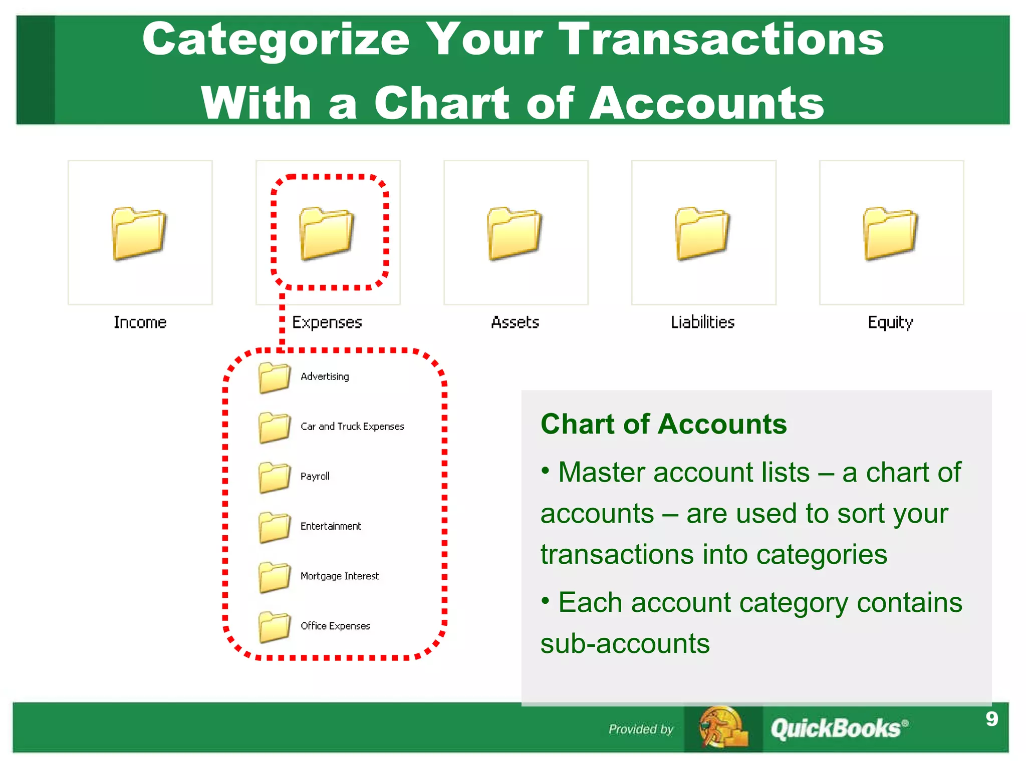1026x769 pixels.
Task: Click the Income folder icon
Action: point(139,233)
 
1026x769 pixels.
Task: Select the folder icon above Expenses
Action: point(327,233)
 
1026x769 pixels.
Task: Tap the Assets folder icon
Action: point(515,233)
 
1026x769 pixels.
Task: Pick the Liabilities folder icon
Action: point(702,233)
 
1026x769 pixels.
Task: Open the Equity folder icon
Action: point(890,233)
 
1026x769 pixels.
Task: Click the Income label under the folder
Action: point(140,322)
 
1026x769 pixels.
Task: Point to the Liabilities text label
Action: point(702,322)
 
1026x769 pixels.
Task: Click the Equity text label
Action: point(890,322)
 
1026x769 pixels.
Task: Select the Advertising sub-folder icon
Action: point(275,377)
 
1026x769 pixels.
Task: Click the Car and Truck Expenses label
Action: point(352,427)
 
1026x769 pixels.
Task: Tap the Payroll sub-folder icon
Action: point(275,477)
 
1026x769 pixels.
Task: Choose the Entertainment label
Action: point(331,526)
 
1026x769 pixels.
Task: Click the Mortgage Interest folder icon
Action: point(275,577)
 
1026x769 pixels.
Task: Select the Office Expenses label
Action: point(335,626)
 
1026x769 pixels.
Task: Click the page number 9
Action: point(991,719)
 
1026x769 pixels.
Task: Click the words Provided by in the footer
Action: point(641,729)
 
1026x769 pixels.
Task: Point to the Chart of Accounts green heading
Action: point(663,424)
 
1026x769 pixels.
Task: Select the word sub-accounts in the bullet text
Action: point(625,644)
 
